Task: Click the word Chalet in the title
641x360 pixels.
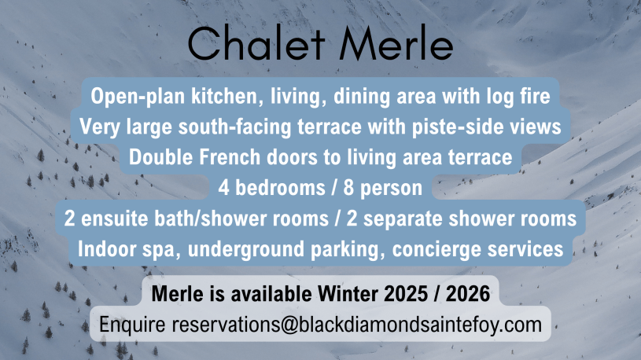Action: pos(256,43)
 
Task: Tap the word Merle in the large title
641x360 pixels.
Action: pos(396,43)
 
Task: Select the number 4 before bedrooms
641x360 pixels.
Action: pos(223,188)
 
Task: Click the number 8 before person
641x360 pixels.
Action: pos(348,188)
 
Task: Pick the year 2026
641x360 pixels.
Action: pos(468,294)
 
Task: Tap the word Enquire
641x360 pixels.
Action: pos(132,325)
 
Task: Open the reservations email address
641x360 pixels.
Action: pos(357,325)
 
